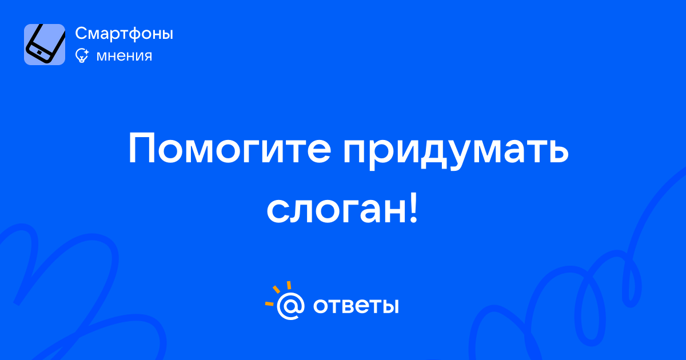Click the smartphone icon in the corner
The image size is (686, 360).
pyautogui.click(x=45, y=45)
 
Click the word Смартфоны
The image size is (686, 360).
pyautogui.click(x=124, y=33)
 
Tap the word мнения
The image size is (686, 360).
pyautogui.click(x=124, y=56)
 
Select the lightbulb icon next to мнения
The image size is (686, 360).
pyautogui.click(x=82, y=55)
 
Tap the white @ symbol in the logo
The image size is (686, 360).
pyautogui.click(x=290, y=306)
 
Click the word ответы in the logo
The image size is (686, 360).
pyautogui.click(x=356, y=306)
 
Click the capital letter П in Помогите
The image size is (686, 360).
pyautogui.click(x=141, y=149)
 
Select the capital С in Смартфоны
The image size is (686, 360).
pyautogui.click(x=81, y=33)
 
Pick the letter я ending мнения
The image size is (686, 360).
pyautogui.click(x=147, y=56)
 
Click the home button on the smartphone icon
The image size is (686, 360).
pyautogui.click(x=39, y=53)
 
